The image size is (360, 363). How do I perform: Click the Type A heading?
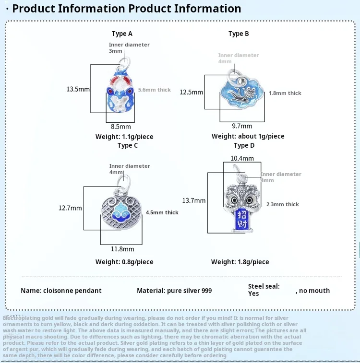click(122, 34)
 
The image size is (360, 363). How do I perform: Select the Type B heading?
click(239, 34)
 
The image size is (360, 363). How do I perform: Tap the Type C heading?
click(128, 145)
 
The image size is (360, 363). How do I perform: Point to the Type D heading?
click(244, 145)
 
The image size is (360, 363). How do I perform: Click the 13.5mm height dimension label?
click(78, 89)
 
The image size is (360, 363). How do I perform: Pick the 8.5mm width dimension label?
click(121, 127)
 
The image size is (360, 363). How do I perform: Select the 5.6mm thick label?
click(155, 90)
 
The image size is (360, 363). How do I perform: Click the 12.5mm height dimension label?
click(192, 92)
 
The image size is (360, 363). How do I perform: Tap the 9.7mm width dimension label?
click(242, 126)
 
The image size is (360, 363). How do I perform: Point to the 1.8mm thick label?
click(285, 93)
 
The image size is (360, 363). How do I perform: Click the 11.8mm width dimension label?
click(123, 249)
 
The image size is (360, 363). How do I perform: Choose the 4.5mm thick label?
click(162, 212)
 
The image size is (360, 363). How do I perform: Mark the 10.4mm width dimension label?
click(242, 158)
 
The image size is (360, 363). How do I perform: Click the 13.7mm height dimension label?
click(194, 200)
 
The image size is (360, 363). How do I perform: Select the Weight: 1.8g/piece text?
click(240, 262)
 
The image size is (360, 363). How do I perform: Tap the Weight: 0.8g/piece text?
click(124, 262)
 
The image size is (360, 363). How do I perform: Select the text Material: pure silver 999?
click(174, 291)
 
